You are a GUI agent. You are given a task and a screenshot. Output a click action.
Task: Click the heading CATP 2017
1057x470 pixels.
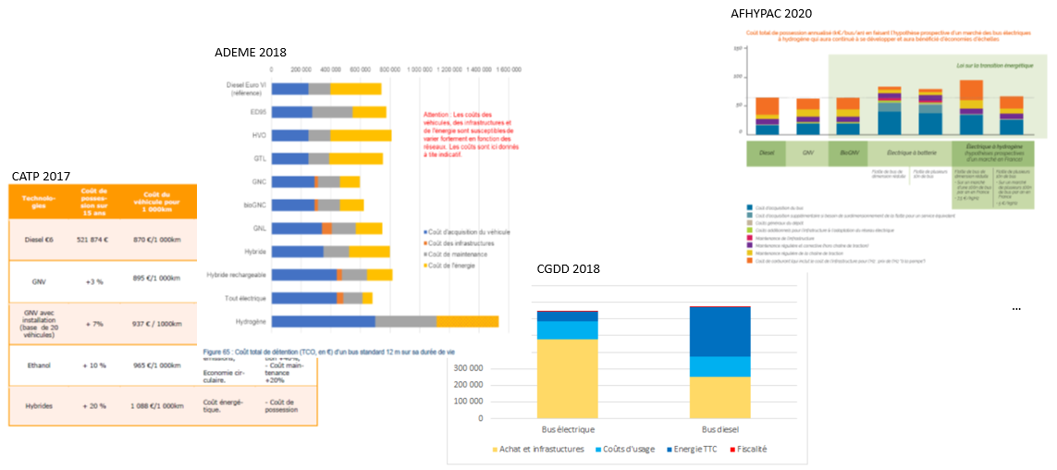(42, 176)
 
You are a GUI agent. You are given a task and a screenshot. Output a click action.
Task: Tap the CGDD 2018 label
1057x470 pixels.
(569, 268)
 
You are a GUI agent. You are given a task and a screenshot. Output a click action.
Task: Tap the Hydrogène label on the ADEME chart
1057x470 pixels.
(247, 321)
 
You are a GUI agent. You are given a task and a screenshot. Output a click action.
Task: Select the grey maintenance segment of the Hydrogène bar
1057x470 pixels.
(406, 321)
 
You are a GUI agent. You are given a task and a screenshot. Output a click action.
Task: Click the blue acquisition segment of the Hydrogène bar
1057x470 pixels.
(324, 321)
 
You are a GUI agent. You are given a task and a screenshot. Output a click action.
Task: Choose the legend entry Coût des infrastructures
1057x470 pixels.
(461, 242)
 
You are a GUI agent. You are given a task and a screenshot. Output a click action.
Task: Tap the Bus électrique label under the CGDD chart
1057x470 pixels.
(568, 429)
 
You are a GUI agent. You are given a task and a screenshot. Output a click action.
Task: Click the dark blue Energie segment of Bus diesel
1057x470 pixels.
(720, 331)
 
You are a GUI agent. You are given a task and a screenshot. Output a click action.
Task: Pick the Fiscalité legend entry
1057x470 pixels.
(748, 449)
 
